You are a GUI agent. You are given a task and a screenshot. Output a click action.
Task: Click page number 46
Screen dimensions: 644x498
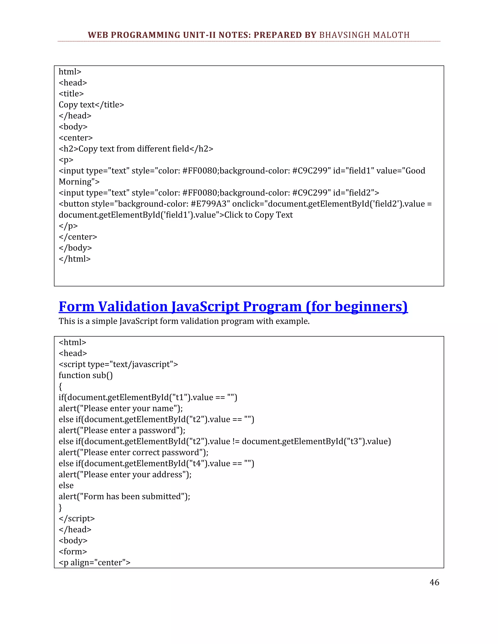[x=434, y=582]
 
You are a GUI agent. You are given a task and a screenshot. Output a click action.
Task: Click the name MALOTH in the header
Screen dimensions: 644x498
[x=391, y=35]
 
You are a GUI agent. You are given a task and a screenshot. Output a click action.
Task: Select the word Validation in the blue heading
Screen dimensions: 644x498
[x=133, y=306]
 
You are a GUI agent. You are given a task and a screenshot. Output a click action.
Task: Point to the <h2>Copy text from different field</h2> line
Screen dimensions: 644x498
[x=136, y=149]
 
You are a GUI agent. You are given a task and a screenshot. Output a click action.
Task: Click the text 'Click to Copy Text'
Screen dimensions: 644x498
[x=258, y=215]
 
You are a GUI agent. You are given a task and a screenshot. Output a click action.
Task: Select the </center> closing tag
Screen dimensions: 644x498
[x=78, y=237]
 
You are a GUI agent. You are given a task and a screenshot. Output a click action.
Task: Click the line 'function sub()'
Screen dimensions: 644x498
[x=86, y=375]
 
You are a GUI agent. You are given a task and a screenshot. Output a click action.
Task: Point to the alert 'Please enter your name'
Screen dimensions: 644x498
[x=121, y=409]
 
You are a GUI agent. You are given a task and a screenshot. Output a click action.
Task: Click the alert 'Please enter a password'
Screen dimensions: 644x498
[x=122, y=431]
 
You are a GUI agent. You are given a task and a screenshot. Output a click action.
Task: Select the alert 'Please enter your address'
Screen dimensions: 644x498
[x=125, y=474]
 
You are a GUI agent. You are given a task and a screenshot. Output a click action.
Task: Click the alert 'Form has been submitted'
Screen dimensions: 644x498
[x=124, y=496]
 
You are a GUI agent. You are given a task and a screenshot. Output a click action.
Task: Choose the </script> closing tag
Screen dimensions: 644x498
[x=77, y=518]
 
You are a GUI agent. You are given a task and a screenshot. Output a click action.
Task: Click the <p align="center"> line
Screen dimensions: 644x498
[x=94, y=563]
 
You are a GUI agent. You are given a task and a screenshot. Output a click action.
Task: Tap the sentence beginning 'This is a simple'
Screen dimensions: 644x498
[x=184, y=321]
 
